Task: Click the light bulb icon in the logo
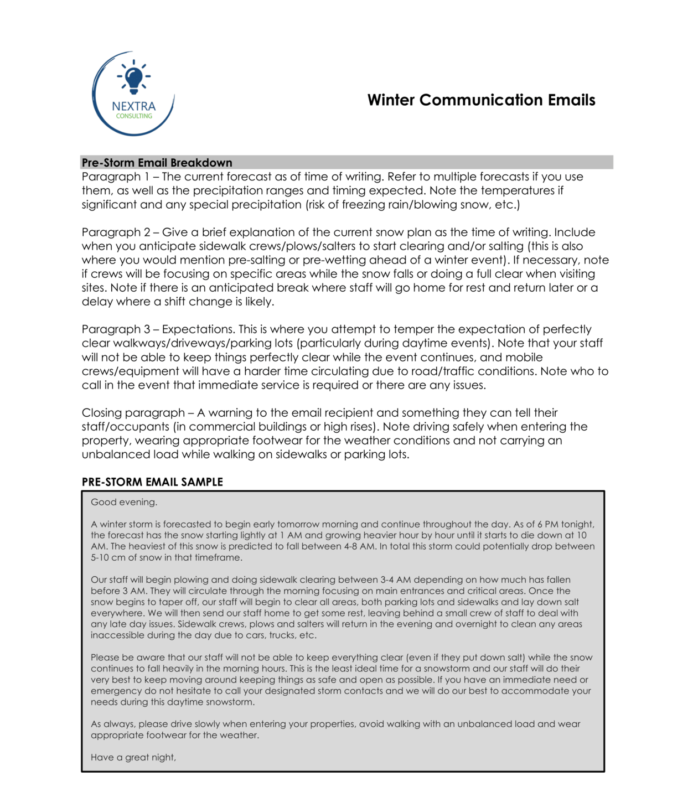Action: click(x=133, y=77)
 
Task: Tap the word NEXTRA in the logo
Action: click(x=133, y=106)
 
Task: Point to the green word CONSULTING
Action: click(x=134, y=116)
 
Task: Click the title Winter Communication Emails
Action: click(x=481, y=100)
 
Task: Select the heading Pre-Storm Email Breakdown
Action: click(x=157, y=163)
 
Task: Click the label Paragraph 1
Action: click(x=111, y=177)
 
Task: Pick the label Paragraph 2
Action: click(x=111, y=232)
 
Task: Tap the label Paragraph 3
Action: click(x=111, y=329)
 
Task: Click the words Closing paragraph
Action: click(x=133, y=413)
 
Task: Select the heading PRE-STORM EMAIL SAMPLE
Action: click(x=152, y=482)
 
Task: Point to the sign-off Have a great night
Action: click(x=133, y=758)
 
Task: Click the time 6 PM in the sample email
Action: click(x=546, y=525)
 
